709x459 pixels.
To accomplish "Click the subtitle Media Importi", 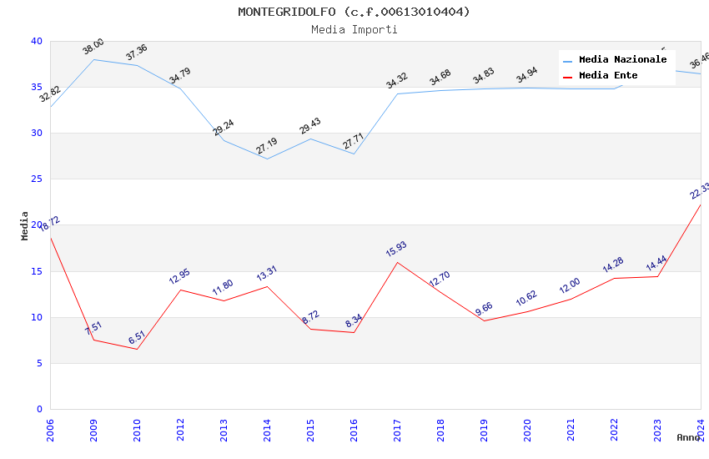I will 354,29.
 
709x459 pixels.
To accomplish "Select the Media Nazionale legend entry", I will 622,60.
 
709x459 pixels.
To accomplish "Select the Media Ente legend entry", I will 607,76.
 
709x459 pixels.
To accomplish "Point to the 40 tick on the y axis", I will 36,41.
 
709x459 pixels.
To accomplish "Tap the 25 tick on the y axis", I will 36,179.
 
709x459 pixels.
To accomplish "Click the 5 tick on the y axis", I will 38,363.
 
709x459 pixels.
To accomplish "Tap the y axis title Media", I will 25,225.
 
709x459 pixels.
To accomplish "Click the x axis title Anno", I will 688,437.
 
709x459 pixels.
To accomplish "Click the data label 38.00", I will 93,47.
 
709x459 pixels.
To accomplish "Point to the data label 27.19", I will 267,146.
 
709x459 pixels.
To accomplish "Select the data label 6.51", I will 137,337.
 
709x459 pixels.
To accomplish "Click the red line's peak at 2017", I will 397,262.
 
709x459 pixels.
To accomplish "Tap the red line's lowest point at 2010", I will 137,349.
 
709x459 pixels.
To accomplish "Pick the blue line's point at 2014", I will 267,159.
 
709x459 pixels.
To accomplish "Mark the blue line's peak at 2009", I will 93,59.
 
